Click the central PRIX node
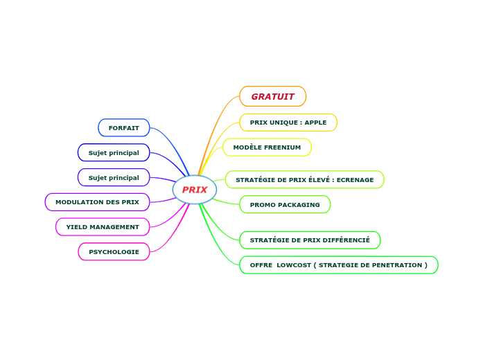pyautogui.click(x=195, y=190)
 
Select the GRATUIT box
pyautogui.click(x=272, y=96)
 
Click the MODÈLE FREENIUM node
pyautogui.click(x=267, y=147)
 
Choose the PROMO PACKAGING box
pyautogui.click(x=285, y=205)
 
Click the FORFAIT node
pyautogui.click(x=124, y=128)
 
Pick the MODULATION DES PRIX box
pyautogui.click(x=97, y=202)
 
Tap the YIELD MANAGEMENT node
pyautogui.click(x=103, y=227)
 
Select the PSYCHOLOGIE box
pyautogui.click(x=114, y=252)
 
